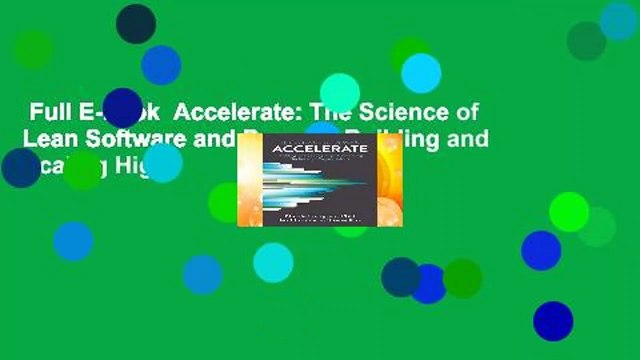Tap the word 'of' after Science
(456, 112)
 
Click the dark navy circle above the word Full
(136, 23)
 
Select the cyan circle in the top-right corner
(618, 20)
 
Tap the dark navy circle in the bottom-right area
(553, 321)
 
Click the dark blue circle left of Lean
(20, 167)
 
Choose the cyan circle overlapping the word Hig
(163, 163)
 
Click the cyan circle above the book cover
(340, 93)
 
